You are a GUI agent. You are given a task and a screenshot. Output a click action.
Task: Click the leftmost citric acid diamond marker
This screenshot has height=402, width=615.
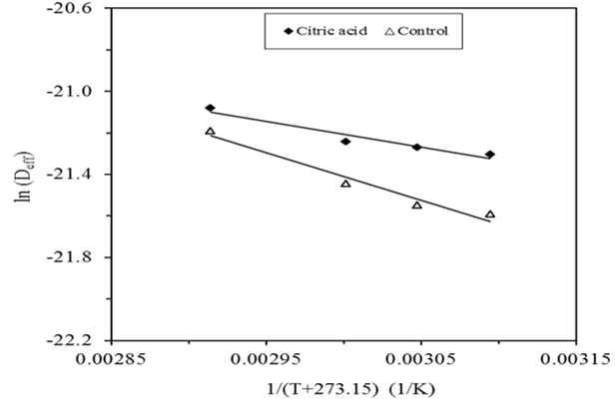pos(210,108)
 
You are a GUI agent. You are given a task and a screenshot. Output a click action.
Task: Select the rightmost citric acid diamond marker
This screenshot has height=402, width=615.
pos(490,155)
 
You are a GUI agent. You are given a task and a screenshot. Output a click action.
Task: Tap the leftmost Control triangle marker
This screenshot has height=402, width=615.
pos(210,131)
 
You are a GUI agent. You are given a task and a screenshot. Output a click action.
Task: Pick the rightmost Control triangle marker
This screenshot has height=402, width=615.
pos(490,213)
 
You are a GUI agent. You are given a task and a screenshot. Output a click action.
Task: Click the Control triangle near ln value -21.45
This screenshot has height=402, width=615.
pos(345,184)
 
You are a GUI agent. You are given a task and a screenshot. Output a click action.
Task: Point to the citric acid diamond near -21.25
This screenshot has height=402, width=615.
pos(345,142)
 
